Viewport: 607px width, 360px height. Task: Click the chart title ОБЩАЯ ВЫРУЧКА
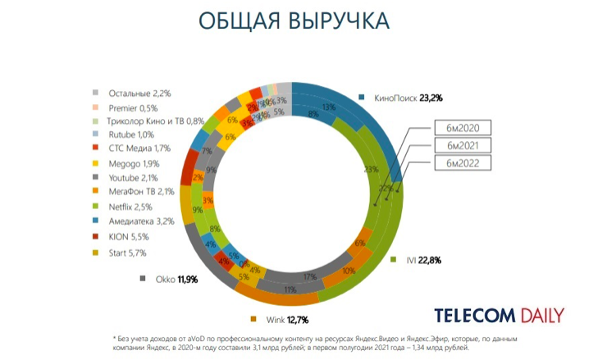point(303,21)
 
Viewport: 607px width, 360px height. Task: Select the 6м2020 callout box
point(463,127)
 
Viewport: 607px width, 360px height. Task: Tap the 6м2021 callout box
point(463,145)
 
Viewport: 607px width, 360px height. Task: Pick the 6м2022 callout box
point(463,163)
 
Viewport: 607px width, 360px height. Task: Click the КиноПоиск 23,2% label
point(406,98)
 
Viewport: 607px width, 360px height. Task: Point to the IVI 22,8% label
point(424,260)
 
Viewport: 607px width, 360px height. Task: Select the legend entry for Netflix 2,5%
point(129,206)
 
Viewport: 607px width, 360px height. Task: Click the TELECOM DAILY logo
point(499,316)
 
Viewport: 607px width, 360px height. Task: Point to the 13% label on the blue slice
point(330,107)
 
